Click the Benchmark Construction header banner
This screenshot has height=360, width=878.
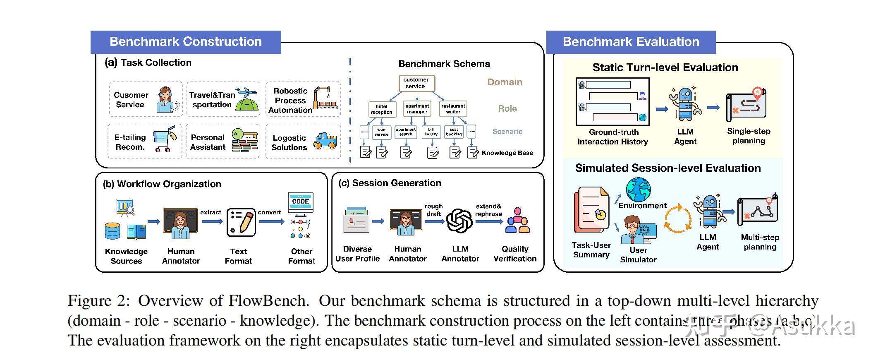point(186,42)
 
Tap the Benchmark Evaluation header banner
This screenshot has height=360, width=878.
point(631,42)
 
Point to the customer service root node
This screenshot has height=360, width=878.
point(416,83)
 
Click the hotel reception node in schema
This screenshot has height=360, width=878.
point(382,109)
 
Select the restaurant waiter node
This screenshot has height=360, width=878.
point(453,109)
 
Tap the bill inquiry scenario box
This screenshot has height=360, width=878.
point(431,132)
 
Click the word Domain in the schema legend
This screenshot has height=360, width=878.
point(505,82)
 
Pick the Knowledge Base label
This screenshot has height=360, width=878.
point(507,153)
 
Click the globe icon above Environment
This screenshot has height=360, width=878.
point(638,189)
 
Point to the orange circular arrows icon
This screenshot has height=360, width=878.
point(677,218)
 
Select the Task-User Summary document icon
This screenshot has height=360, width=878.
point(592,209)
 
